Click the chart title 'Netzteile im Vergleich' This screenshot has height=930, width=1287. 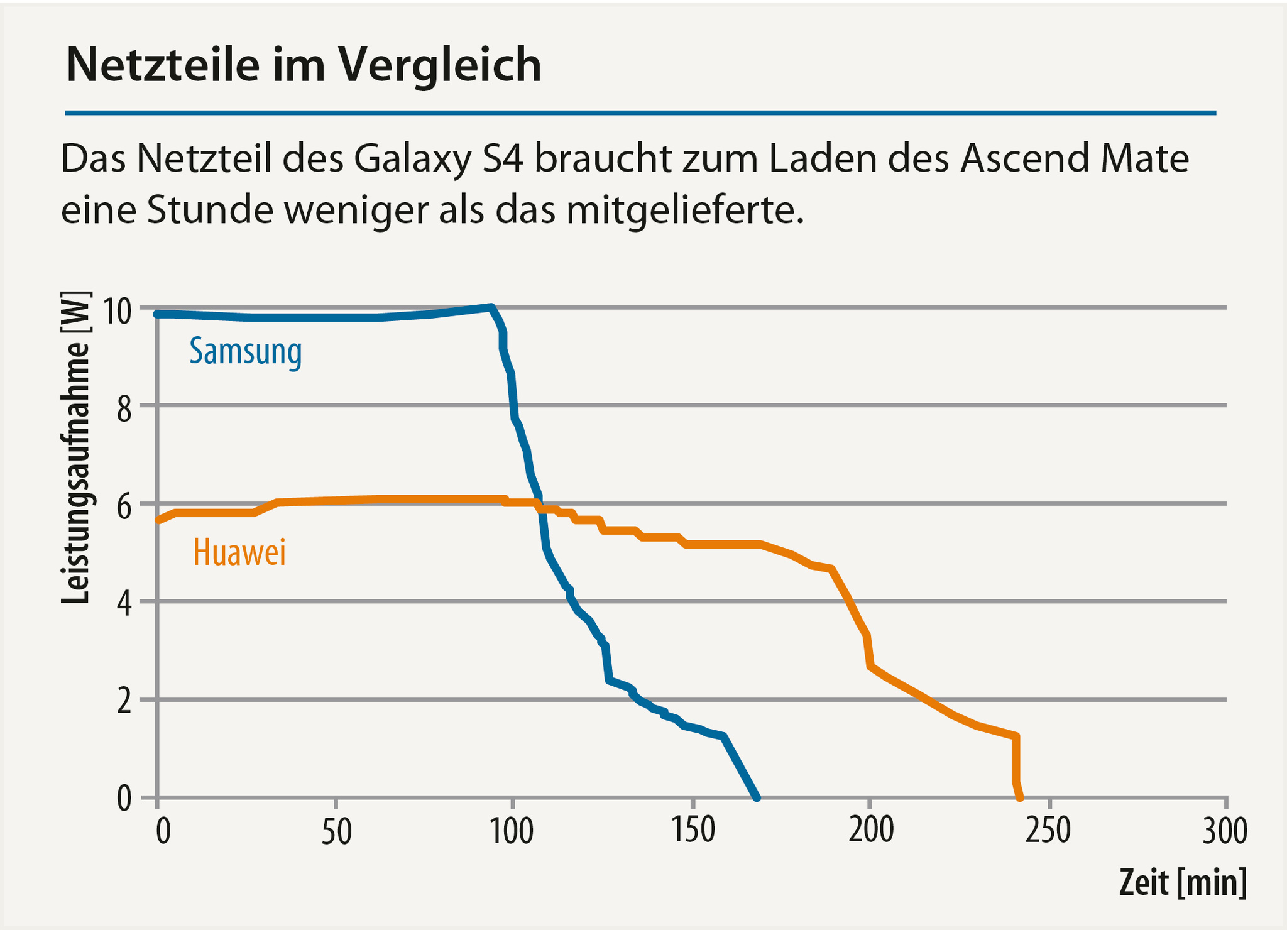coord(304,65)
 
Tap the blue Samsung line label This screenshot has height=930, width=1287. coord(246,352)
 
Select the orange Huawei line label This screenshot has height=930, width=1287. coord(239,553)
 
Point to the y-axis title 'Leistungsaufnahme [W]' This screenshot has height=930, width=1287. coord(77,447)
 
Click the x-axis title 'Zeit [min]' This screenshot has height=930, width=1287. coord(1182,883)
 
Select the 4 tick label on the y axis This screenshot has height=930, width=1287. coord(124,605)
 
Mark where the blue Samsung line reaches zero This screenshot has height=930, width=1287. coord(757,797)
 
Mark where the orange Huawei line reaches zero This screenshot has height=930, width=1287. coord(1019,797)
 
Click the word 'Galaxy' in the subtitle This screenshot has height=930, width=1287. coord(412,160)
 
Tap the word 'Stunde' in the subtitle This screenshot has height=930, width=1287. coord(210,211)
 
